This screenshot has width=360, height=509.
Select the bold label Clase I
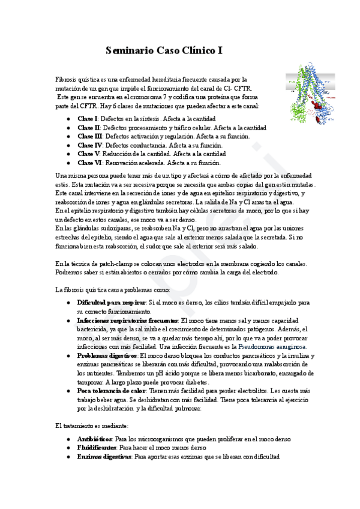tap(88, 119)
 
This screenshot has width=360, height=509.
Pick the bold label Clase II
tap(89, 128)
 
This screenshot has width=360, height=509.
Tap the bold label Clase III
tap(90, 136)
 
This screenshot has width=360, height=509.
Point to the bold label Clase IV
tap(90, 145)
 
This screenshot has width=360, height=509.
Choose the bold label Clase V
tap(88, 154)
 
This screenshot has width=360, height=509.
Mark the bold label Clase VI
tap(90, 163)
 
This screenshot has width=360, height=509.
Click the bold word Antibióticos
tap(95, 439)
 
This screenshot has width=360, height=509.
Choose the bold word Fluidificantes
tap(97, 448)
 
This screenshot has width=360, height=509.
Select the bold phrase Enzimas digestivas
tap(104, 457)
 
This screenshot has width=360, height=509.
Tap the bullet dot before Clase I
tap(69, 119)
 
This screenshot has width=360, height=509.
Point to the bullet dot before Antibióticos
tap(69, 439)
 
